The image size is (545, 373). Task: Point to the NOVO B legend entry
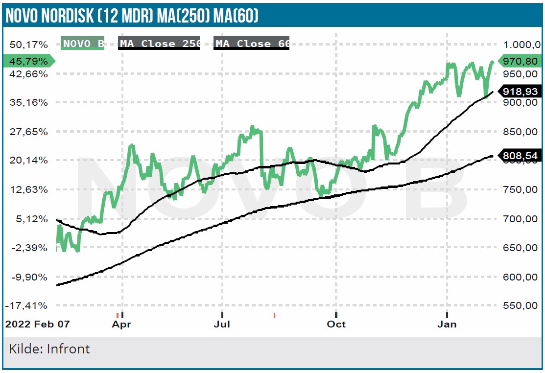tap(83, 44)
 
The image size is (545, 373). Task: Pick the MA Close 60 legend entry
tap(252, 44)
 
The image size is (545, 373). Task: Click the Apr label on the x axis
tap(122, 324)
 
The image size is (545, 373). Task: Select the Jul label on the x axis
tap(222, 324)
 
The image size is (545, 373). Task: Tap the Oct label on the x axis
tap(336, 324)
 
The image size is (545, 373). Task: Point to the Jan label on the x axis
tap(447, 324)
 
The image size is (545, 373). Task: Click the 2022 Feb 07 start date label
tap(37, 324)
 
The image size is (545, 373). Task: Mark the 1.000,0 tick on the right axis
tap(521, 45)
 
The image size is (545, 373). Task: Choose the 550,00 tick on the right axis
tap(521, 305)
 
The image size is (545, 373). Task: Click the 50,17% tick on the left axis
tap(28, 45)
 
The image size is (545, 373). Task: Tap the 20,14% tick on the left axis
tap(28, 160)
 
